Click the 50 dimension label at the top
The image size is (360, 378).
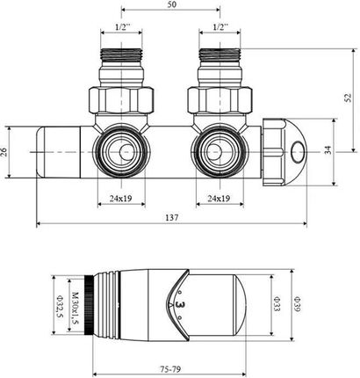[172, 4]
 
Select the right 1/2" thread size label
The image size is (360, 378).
[220, 27]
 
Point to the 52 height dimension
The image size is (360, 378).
[348, 98]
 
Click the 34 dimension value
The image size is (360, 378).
[328, 150]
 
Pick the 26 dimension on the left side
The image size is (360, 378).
[5, 152]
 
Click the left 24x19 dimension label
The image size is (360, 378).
[121, 199]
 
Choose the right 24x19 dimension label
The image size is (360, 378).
[219, 199]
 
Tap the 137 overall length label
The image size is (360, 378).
[172, 218]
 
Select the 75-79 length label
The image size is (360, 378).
[170, 369]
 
